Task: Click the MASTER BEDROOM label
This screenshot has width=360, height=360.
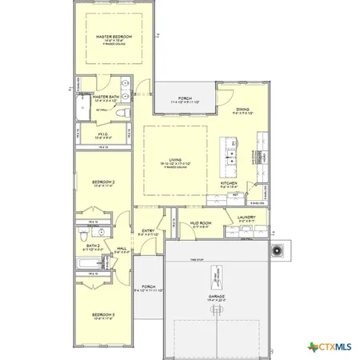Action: [114, 38]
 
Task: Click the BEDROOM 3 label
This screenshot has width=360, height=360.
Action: [103, 314]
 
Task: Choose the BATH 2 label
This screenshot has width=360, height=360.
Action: [92, 246]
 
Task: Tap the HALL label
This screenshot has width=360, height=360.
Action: [122, 249]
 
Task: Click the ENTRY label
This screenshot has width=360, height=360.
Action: [148, 232]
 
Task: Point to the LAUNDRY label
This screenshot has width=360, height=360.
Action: [246, 217]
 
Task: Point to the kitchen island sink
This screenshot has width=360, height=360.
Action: [230, 152]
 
